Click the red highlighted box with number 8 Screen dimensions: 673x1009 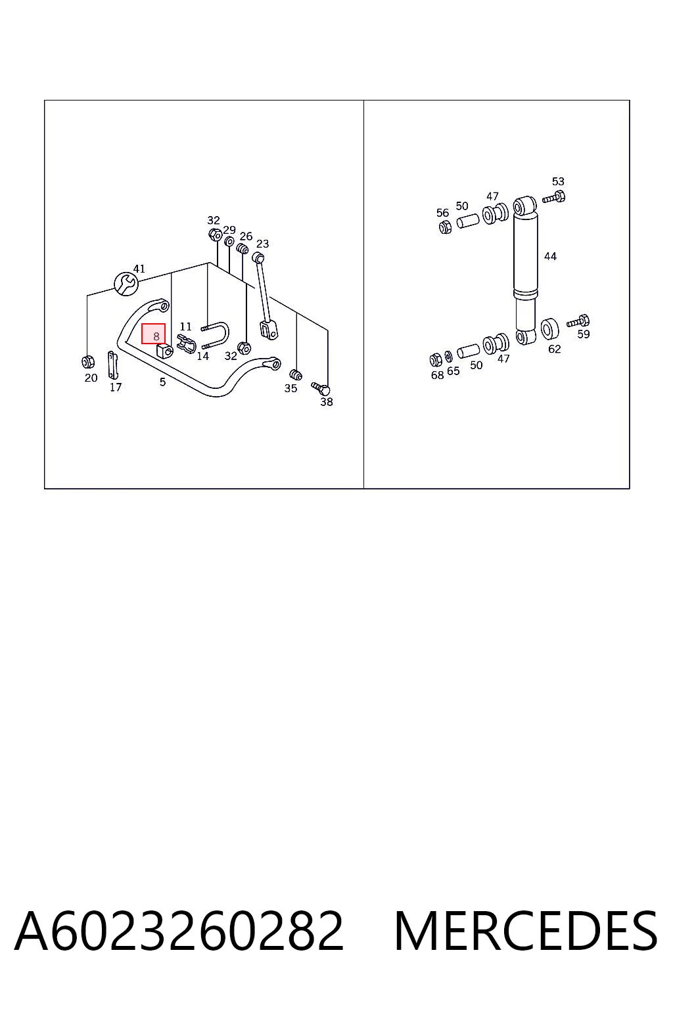pos(153,334)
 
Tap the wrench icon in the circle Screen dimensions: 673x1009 pos(126,284)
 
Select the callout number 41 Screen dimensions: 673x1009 pos(139,269)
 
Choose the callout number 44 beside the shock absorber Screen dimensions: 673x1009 pos(550,256)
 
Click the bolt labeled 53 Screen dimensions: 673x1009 pos(554,197)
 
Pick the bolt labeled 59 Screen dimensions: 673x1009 pos(578,322)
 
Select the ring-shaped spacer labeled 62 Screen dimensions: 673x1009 pos(549,329)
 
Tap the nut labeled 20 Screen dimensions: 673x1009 pos(88,362)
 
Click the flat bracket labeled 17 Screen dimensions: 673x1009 pos(113,365)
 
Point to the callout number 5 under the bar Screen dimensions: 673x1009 pos(163,382)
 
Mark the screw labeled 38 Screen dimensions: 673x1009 pos(321,388)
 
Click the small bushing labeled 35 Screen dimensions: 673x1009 pos(295,375)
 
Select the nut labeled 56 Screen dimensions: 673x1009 pos(445,227)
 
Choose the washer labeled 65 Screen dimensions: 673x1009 pos(448,357)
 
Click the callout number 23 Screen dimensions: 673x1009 pos(262,244)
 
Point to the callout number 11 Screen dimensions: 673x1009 pos(186,326)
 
